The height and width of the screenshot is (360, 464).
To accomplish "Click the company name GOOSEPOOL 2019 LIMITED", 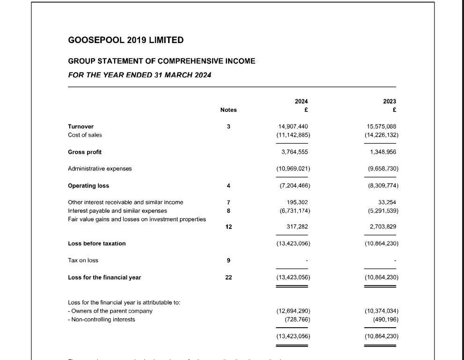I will coord(125,40).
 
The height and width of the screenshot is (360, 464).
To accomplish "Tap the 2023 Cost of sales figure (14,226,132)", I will coord(381,135).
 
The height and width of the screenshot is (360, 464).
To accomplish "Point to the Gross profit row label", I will coord(85,152).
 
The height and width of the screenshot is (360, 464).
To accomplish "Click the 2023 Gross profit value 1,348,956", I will coord(383,152).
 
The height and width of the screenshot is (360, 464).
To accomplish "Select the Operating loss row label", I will coord(88,186).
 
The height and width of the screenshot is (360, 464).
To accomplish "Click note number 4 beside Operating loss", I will coord(228,186).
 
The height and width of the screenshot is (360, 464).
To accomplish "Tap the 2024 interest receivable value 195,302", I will coord(296,202).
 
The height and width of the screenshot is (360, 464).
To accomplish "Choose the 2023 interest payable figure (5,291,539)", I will coord(381,211).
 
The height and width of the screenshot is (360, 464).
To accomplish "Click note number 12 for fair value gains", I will coord(228,227).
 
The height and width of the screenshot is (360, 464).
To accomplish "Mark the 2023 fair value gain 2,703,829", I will coord(383,227).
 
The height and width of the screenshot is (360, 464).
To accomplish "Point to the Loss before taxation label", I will coord(97,243).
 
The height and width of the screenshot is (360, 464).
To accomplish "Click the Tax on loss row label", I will coord(83,260).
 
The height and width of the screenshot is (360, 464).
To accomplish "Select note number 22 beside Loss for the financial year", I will coord(228,278).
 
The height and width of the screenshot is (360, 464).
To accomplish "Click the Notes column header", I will coord(228,110).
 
